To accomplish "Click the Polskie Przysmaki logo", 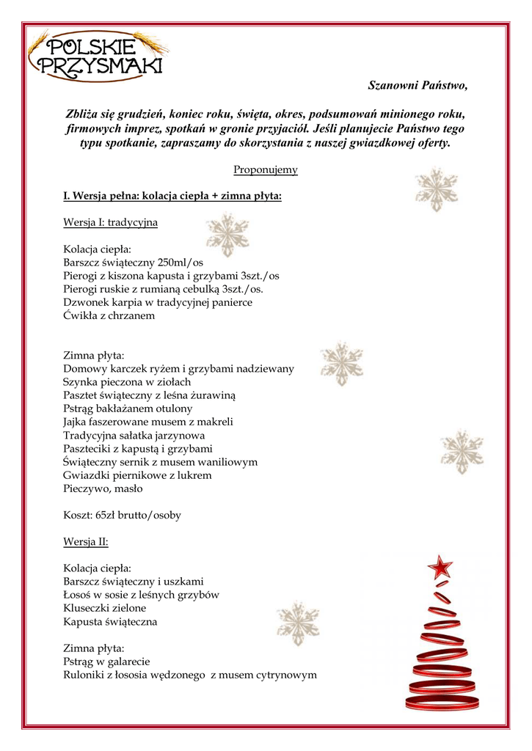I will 97,56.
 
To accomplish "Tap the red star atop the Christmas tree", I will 440,567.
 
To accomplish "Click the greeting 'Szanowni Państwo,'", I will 417,86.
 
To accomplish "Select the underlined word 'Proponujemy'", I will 266,170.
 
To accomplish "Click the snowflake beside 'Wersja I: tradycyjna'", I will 227,234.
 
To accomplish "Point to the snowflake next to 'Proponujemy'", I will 436,190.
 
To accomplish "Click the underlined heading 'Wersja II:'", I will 86,542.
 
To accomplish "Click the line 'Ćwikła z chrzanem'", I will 109,315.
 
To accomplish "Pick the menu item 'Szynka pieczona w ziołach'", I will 127,382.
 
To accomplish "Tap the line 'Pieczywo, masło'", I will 103,488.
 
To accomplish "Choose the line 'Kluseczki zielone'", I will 105,608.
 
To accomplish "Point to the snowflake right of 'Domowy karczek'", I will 341,364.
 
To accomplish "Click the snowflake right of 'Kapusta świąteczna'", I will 297,623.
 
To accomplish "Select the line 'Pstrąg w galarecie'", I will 107,662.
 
